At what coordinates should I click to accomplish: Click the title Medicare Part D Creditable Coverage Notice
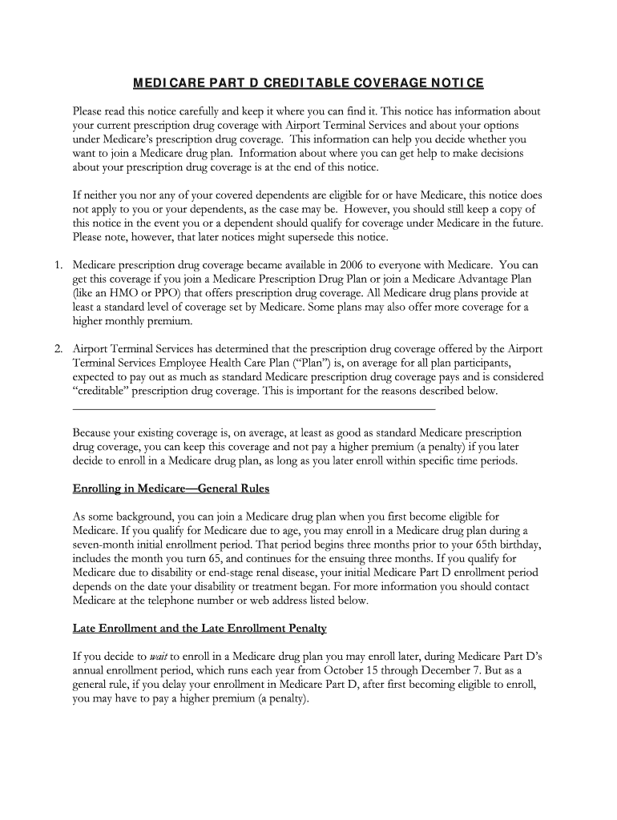point(308,83)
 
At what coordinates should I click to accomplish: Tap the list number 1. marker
point(57,264)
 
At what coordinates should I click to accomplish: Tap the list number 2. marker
point(57,348)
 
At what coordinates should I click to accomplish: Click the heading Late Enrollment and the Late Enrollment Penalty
point(200,629)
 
